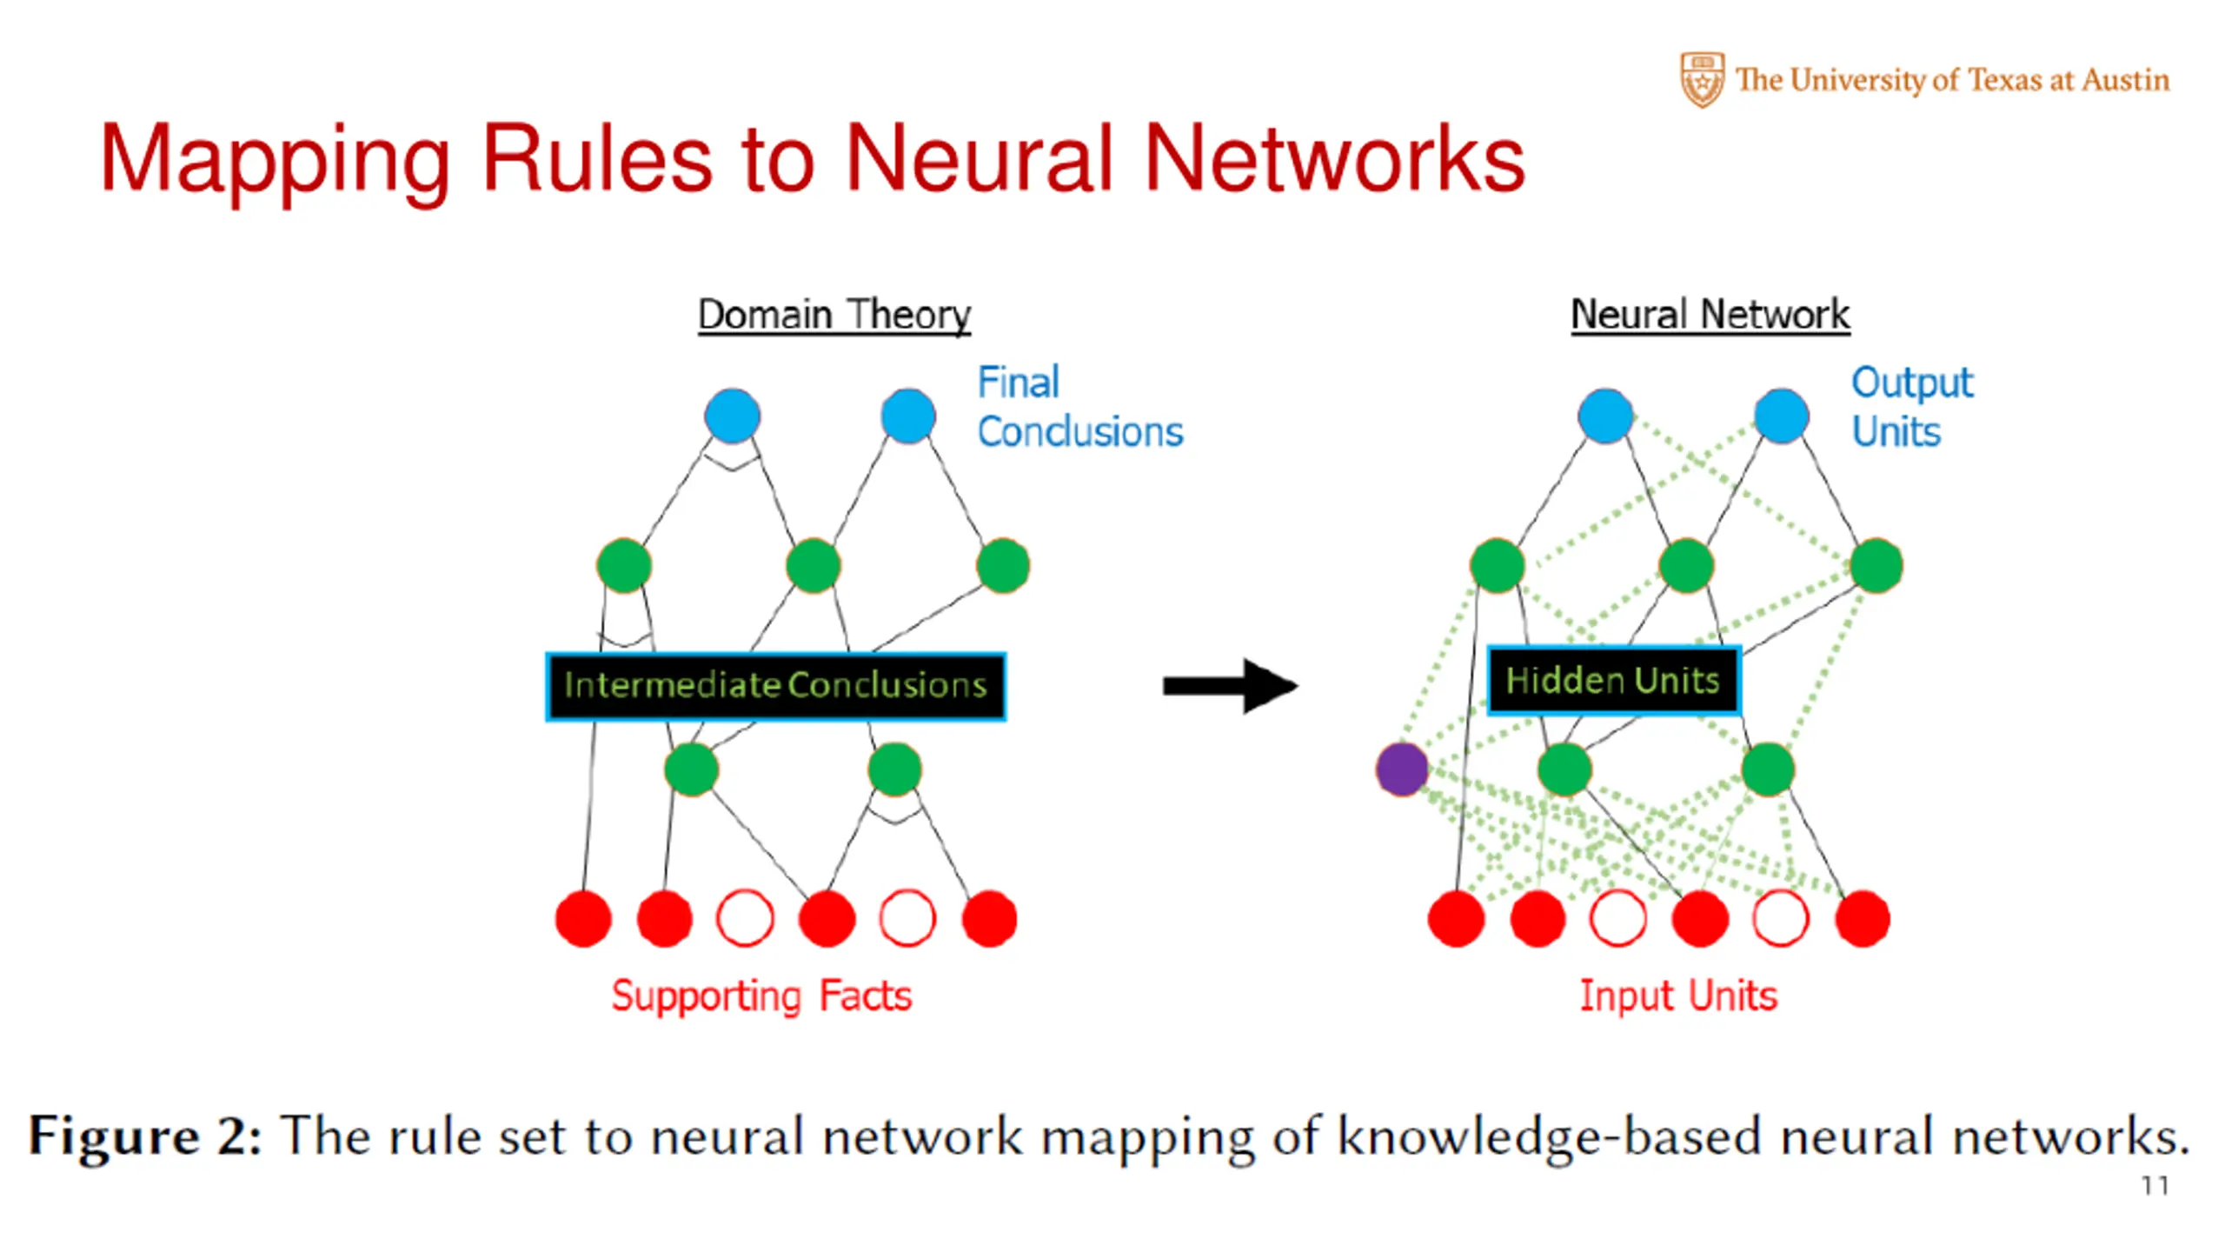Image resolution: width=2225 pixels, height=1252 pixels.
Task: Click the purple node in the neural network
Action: coord(1401,769)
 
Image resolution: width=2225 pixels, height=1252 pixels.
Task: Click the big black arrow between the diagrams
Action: coord(1230,686)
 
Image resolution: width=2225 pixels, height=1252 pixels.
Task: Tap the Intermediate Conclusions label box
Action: coord(775,686)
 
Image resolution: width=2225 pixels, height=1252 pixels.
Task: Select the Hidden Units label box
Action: coord(1613,681)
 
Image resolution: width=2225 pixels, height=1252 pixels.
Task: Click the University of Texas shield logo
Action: coord(1702,79)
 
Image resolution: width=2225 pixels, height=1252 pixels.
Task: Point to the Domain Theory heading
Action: coord(834,314)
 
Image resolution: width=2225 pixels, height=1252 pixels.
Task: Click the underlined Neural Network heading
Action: coord(1710,314)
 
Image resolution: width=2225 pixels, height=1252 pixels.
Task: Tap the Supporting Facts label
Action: coord(761,996)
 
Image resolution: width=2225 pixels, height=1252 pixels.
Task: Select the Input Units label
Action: coord(1678,996)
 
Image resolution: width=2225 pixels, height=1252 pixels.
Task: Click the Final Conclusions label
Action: coord(1079,407)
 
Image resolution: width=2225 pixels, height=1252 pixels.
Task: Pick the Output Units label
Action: coord(1912,407)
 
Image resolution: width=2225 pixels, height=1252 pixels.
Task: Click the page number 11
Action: coord(2155,1186)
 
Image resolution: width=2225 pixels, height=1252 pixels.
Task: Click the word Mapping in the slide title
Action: coord(275,161)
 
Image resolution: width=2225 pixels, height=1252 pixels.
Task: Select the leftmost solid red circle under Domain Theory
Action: coord(583,918)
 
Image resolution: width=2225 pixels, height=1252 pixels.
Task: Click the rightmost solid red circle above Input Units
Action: coord(1863,918)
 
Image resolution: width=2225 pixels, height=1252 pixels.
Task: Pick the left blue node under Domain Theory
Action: coord(733,416)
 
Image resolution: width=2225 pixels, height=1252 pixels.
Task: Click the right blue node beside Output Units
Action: coord(1782,416)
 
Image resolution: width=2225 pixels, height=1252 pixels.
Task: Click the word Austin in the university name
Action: coord(2126,80)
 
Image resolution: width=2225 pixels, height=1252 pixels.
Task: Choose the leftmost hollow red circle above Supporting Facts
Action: coord(745,918)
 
